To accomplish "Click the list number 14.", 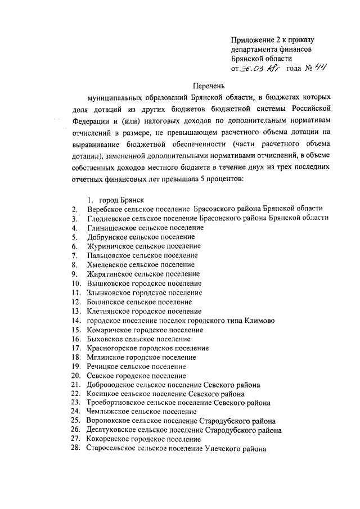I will pyautogui.click(x=76, y=321).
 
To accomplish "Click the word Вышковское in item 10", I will pyautogui.click(x=107, y=283).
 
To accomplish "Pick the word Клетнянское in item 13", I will pyautogui.click(x=109, y=311).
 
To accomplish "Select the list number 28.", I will pyautogui.click(x=76, y=448).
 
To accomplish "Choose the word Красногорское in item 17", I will pyautogui.click(x=111, y=348).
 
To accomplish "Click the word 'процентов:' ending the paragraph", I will pyautogui.click(x=224, y=179).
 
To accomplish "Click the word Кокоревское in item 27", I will pyautogui.click(x=109, y=439).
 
